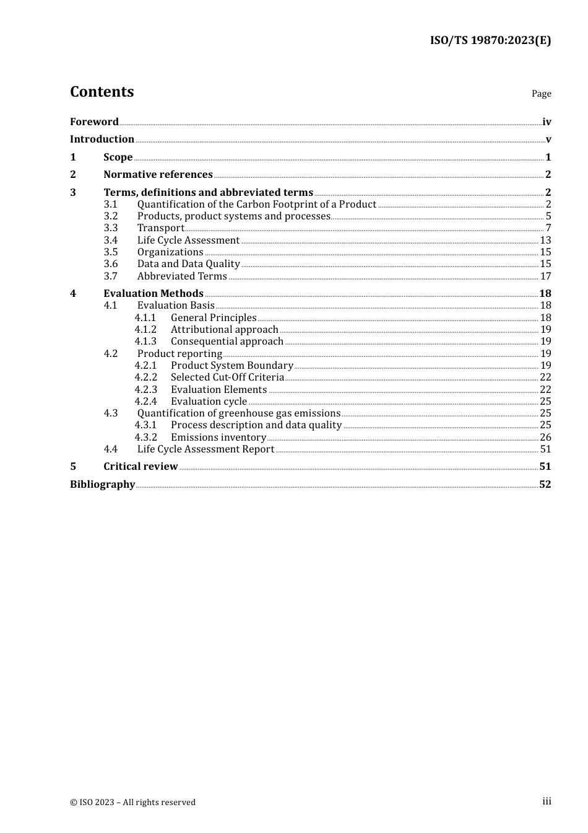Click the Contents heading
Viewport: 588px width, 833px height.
pyautogui.click(x=102, y=92)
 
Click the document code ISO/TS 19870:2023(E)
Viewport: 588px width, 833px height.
pyautogui.click(x=490, y=40)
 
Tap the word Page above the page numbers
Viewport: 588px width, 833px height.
pyautogui.click(x=541, y=94)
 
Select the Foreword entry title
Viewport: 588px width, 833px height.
pyautogui.click(x=94, y=122)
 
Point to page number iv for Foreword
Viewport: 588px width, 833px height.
pyautogui.click(x=547, y=122)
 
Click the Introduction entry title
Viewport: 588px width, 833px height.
pyautogui.click(x=102, y=139)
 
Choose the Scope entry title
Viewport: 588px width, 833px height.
pyautogui.click(x=118, y=157)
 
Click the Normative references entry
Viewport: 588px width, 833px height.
pyautogui.click(x=158, y=175)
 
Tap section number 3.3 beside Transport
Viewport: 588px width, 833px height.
pyautogui.click(x=111, y=228)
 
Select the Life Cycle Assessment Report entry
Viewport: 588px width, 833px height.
pyautogui.click(x=205, y=449)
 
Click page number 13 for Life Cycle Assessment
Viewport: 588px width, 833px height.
pyautogui.click(x=545, y=240)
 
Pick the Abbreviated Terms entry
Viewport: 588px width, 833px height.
pyautogui.click(x=182, y=276)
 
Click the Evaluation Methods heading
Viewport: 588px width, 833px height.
pyautogui.click(x=153, y=294)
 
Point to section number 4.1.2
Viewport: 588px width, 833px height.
pyautogui.click(x=145, y=330)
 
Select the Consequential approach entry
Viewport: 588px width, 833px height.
pyautogui.click(x=227, y=342)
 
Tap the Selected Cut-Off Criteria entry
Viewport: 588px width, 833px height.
pyautogui.click(x=227, y=377)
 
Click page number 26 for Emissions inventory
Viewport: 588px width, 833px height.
pyautogui.click(x=545, y=438)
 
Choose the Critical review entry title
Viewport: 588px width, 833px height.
pyautogui.click(x=141, y=467)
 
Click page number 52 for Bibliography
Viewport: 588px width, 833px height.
pyautogui.click(x=545, y=485)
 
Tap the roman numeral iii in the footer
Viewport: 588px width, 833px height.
pyautogui.click(x=547, y=801)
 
